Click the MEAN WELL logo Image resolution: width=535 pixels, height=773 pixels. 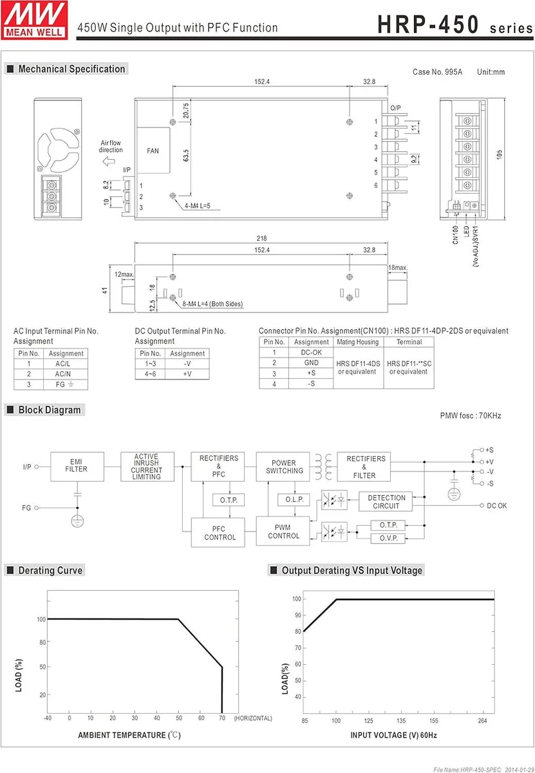pos(34,21)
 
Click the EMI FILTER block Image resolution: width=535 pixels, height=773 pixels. pos(77,466)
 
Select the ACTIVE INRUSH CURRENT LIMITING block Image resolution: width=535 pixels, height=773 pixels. pos(147,466)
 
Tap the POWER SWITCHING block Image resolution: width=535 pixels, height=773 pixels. pos(283,466)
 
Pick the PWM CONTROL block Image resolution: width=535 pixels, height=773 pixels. pos(283,531)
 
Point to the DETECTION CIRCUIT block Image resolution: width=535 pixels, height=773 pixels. pos(386,501)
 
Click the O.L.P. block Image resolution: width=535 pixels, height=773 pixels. pos(294,499)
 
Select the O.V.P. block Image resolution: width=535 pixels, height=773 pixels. pos(388,538)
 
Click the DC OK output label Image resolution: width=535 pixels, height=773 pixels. pos(496,506)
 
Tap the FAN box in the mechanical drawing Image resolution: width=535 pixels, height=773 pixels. pos(153,151)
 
